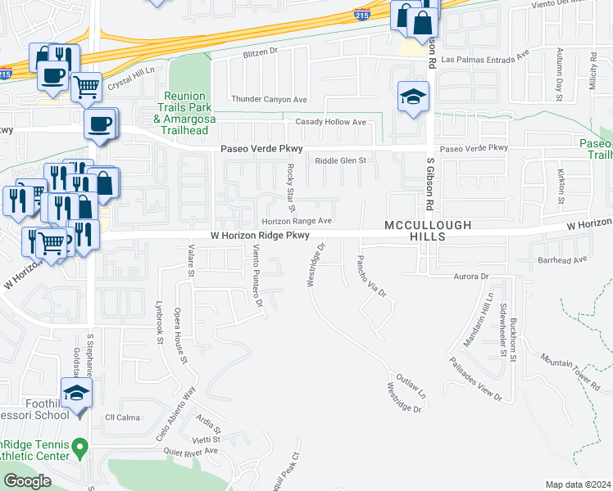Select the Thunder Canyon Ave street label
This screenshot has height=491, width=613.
pos(257,99)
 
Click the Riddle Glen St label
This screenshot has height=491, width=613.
pos(340,160)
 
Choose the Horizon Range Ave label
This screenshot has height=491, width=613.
pos(297,221)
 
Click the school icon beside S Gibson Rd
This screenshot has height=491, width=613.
pos(414,97)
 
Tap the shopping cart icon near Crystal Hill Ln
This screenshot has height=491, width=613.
pos(86,85)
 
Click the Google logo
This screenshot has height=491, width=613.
pos(27,481)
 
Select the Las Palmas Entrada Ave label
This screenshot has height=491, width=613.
pos(486,59)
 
